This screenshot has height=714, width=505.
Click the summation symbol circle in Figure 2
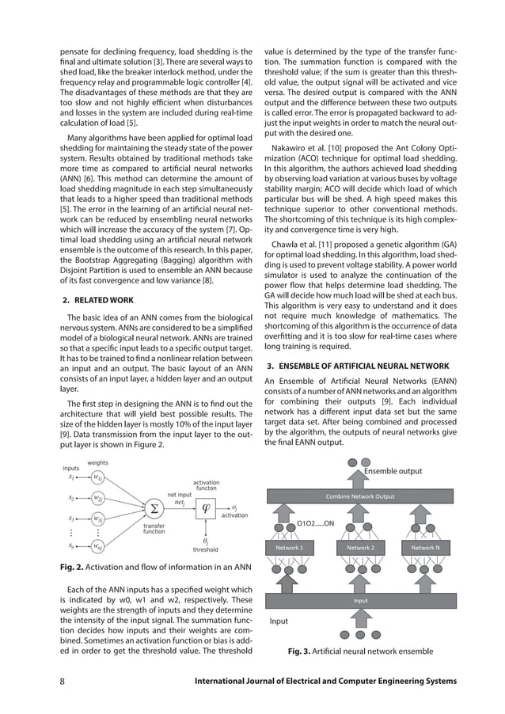pyautogui.click(x=154, y=507)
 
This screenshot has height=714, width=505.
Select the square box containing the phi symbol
pyautogui.click(x=206, y=507)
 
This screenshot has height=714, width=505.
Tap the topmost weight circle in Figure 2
pyautogui.click(x=96, y=477)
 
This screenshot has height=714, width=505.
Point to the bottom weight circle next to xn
pyautogui.click(x=96, y=546)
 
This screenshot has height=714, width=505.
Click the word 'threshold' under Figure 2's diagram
pyautogui.click(x=206, y=549)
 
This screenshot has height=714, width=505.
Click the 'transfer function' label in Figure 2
pyautogui.click(x=154, y=529)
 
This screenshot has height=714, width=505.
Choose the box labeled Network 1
pyautogui.click(x=288, y=548)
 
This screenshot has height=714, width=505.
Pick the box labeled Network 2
pyautogui.click(x=361, y=548)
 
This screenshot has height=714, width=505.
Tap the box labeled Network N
pyautogui.click(x=430, y=548)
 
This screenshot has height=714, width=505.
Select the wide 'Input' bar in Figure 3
pyautogui.click(x=360, y=601)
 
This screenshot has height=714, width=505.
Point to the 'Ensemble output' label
pyautogui.click(x=393, y=472)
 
